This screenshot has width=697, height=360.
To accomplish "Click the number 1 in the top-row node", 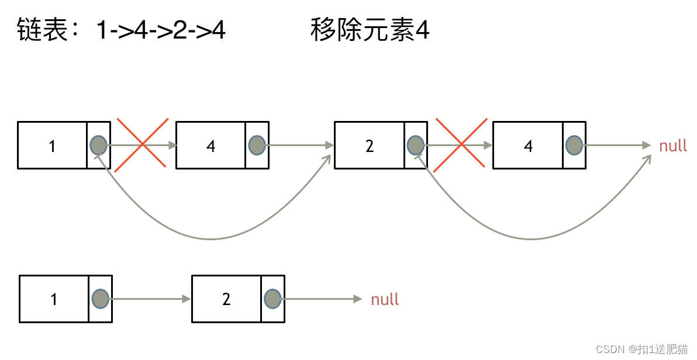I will click(x=52, y=146).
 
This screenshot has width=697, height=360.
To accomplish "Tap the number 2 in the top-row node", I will click(x=369, y=146).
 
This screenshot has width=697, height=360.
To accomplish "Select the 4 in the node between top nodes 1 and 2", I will click(x=211, y=146).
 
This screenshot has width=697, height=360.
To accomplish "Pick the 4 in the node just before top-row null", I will click(x=528, y=146).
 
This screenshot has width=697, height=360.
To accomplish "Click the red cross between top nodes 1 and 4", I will click(x=142, y=145).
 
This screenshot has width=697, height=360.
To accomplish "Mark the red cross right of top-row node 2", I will click(x=461, y=145).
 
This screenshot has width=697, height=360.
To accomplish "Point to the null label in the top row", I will click(x=673, y=146).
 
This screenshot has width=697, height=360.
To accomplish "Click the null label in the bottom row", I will click(x=385, y=299).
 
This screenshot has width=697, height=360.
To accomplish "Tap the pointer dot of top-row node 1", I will click(x=99, y=145).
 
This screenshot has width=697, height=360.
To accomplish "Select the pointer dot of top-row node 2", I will click(x=415, y=145).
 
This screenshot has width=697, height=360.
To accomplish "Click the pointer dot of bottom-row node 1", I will click(x=100, y=299).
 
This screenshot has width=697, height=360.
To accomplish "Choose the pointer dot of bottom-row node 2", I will click(x=272, y=299).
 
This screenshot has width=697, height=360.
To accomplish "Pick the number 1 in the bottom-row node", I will click(x=54, y=299).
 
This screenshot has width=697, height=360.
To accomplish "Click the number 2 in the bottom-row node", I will click(x=226, y=299).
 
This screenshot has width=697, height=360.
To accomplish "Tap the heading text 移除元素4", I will click(x=370, y=30).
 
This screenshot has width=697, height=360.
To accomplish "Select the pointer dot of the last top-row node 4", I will click(x=574, y=145).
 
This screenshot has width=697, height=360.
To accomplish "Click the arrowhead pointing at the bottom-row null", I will click(x=358, y=299).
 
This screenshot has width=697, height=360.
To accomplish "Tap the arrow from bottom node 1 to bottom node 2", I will click(x=149, y=299).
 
